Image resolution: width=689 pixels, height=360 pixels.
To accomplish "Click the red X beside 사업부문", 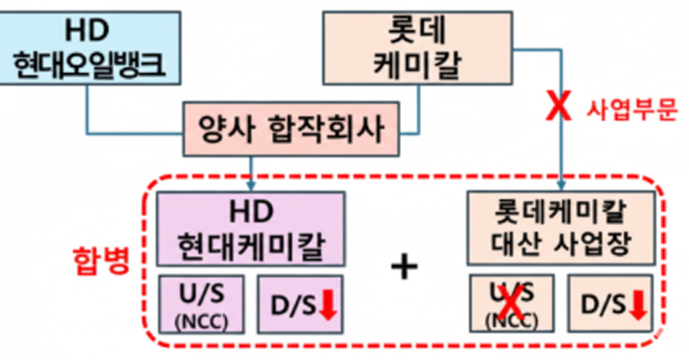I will point(560,109).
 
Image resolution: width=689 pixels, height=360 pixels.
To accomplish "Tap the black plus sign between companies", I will point(404,267).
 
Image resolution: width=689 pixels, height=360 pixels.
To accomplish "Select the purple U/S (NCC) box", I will point(201,304).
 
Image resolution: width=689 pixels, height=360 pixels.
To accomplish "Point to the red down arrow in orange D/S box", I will point(638,305).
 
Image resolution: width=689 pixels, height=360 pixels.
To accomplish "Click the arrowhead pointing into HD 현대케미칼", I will point(250,187).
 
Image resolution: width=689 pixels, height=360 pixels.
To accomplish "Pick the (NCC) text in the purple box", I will point(201,322).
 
